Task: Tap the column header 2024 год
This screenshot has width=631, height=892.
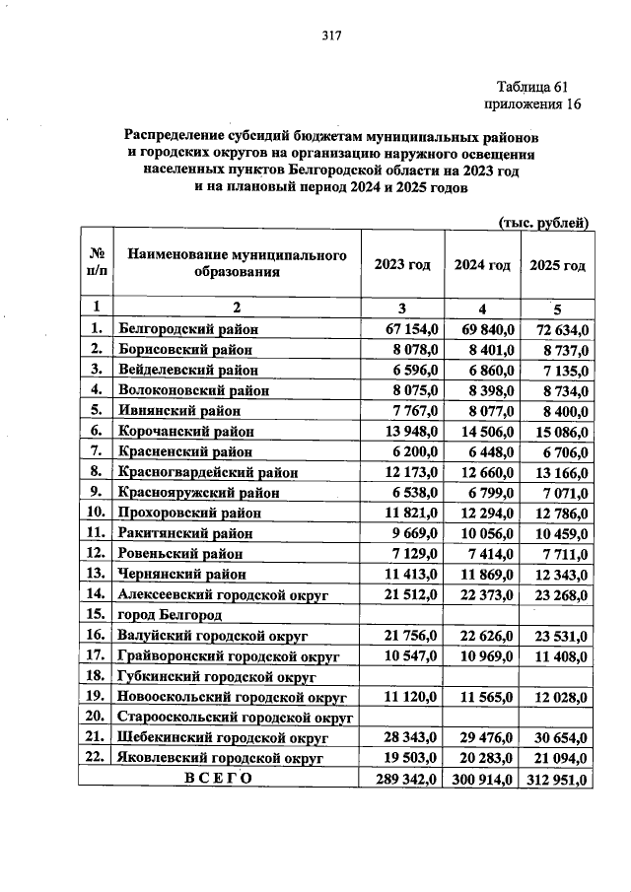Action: [482, 265]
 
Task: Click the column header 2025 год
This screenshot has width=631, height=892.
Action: [558, 265]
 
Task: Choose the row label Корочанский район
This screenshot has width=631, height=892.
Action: [186, 431]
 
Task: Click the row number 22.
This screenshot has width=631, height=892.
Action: [96, 757]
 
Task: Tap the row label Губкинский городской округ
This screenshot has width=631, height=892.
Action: [216, 676]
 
